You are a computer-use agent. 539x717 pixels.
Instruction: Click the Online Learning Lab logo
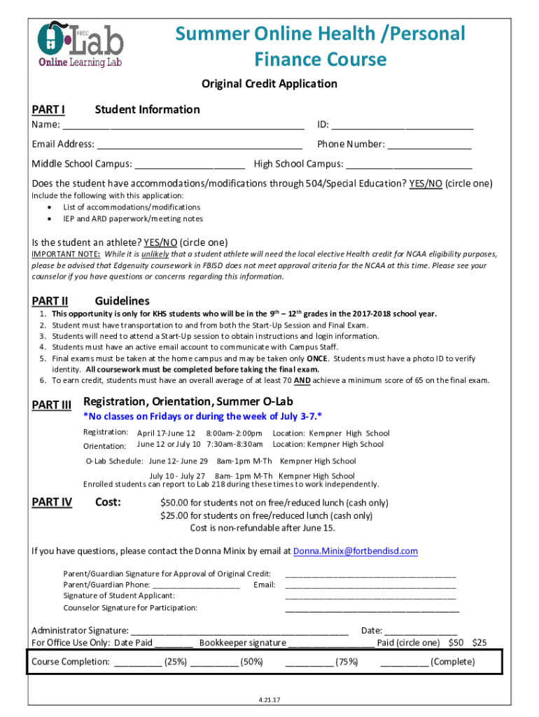click(x=80, y=43)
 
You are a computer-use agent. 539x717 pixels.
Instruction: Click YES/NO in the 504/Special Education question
click(x=426, y=183)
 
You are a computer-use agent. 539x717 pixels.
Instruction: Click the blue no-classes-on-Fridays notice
click(x=203, y=416)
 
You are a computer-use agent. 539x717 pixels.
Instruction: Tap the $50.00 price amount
click(x=175, y=503)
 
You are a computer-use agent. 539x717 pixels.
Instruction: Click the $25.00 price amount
click(x=175, y=515)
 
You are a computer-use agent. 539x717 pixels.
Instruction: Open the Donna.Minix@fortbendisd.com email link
click(x=356, y=551)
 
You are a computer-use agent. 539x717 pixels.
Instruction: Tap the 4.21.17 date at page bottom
click(x=269, y=699)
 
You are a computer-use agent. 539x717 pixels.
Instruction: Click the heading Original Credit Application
click(x=269, y=84)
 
